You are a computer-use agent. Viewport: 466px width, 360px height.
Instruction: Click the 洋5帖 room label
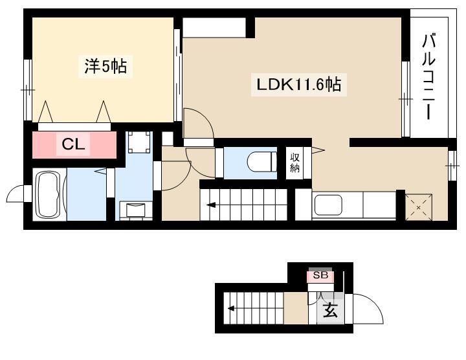tap(105, 66)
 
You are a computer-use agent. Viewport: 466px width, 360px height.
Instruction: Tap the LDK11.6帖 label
tap(298, 85)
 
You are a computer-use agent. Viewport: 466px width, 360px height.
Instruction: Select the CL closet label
tap(73, 144)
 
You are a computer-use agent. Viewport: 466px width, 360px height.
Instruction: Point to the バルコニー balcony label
tap(429, 76)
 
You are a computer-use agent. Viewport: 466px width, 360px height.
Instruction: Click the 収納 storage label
tap(295, 163)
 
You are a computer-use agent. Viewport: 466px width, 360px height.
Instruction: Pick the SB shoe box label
tap(320, 275)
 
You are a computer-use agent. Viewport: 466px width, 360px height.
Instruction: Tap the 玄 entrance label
tap(330, 309)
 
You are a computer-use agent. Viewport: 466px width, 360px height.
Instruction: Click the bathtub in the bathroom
tap(48, 195)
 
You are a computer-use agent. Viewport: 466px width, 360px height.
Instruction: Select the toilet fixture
tap(262, 163)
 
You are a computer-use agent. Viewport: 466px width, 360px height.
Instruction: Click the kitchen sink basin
tap(328, 205)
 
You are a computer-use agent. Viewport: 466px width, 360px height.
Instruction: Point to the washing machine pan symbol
tap(139, 142)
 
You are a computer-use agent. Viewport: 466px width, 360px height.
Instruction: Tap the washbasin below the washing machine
tap(135, 210)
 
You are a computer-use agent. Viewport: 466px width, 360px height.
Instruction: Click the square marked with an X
tap(419, 207)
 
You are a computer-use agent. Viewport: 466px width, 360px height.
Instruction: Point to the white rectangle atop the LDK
tap(214, 27)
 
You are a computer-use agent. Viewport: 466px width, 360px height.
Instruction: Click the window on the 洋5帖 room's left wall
tap(28, 90)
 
